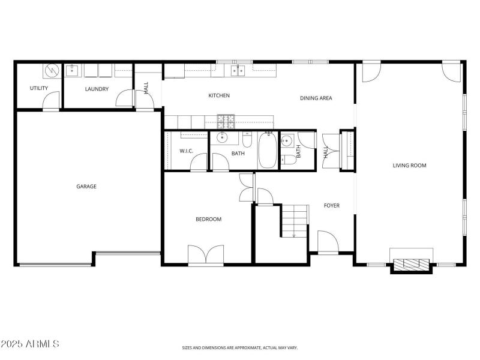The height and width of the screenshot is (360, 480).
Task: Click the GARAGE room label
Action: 86,187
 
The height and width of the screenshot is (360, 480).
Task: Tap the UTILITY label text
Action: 39,89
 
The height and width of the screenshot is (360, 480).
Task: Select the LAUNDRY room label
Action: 97,89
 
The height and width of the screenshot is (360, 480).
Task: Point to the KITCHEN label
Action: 218,96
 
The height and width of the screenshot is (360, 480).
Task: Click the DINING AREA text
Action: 316,98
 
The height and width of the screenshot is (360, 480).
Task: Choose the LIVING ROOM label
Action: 409,166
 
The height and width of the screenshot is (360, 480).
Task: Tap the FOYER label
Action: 331,206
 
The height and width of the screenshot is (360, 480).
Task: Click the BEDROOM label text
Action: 208,220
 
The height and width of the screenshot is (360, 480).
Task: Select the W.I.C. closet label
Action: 186,151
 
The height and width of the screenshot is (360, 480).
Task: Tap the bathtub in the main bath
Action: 268,151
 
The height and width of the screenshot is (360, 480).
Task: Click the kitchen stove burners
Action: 226,121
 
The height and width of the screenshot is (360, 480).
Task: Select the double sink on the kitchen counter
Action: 238,71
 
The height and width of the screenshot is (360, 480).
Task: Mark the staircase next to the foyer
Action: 294,220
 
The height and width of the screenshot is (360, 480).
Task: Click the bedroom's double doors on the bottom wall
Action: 206,254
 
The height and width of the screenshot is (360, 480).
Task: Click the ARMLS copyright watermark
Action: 30,344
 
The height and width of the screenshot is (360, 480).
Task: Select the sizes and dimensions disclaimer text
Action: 240,347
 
